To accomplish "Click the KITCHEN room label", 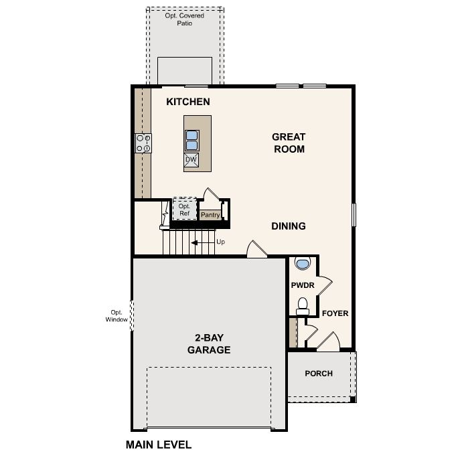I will click(x=188, y=102).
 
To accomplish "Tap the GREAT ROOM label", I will click(x=289, y=143).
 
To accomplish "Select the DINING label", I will click(x=289, y=226).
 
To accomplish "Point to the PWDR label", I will click(x=303, y=285).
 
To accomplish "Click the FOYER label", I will click(x=335, y=313).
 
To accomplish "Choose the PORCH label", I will click(x=319, y=374).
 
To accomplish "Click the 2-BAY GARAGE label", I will click(x=209, y=344).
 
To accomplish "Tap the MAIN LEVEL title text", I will click(x=159, y=445).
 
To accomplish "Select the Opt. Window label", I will click(x=117, y=315).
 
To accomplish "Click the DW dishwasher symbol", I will click(x=191, y=159).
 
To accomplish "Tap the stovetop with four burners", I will click(x=143, y=143).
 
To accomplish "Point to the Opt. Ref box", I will click(x=184, y=210).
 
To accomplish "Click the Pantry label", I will click(x=210, y=215).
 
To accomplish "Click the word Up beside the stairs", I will click(x=220, y=242).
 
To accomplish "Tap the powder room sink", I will click(x=303, y=263).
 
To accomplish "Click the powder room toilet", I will click(x=303, y=306).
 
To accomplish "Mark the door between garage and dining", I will click(x=257, y=250).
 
